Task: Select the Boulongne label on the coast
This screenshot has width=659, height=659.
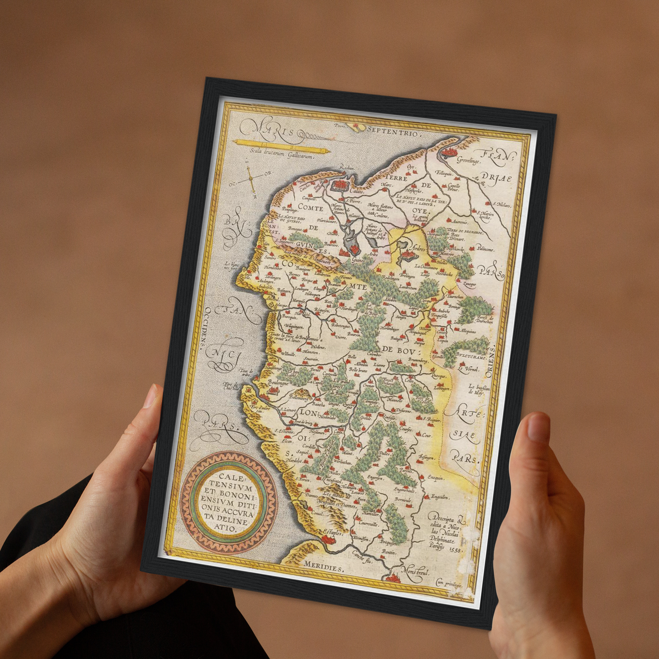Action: click(278, 383)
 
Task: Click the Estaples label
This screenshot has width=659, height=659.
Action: click(332, 533)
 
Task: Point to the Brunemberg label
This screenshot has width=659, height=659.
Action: click(418, 360)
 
